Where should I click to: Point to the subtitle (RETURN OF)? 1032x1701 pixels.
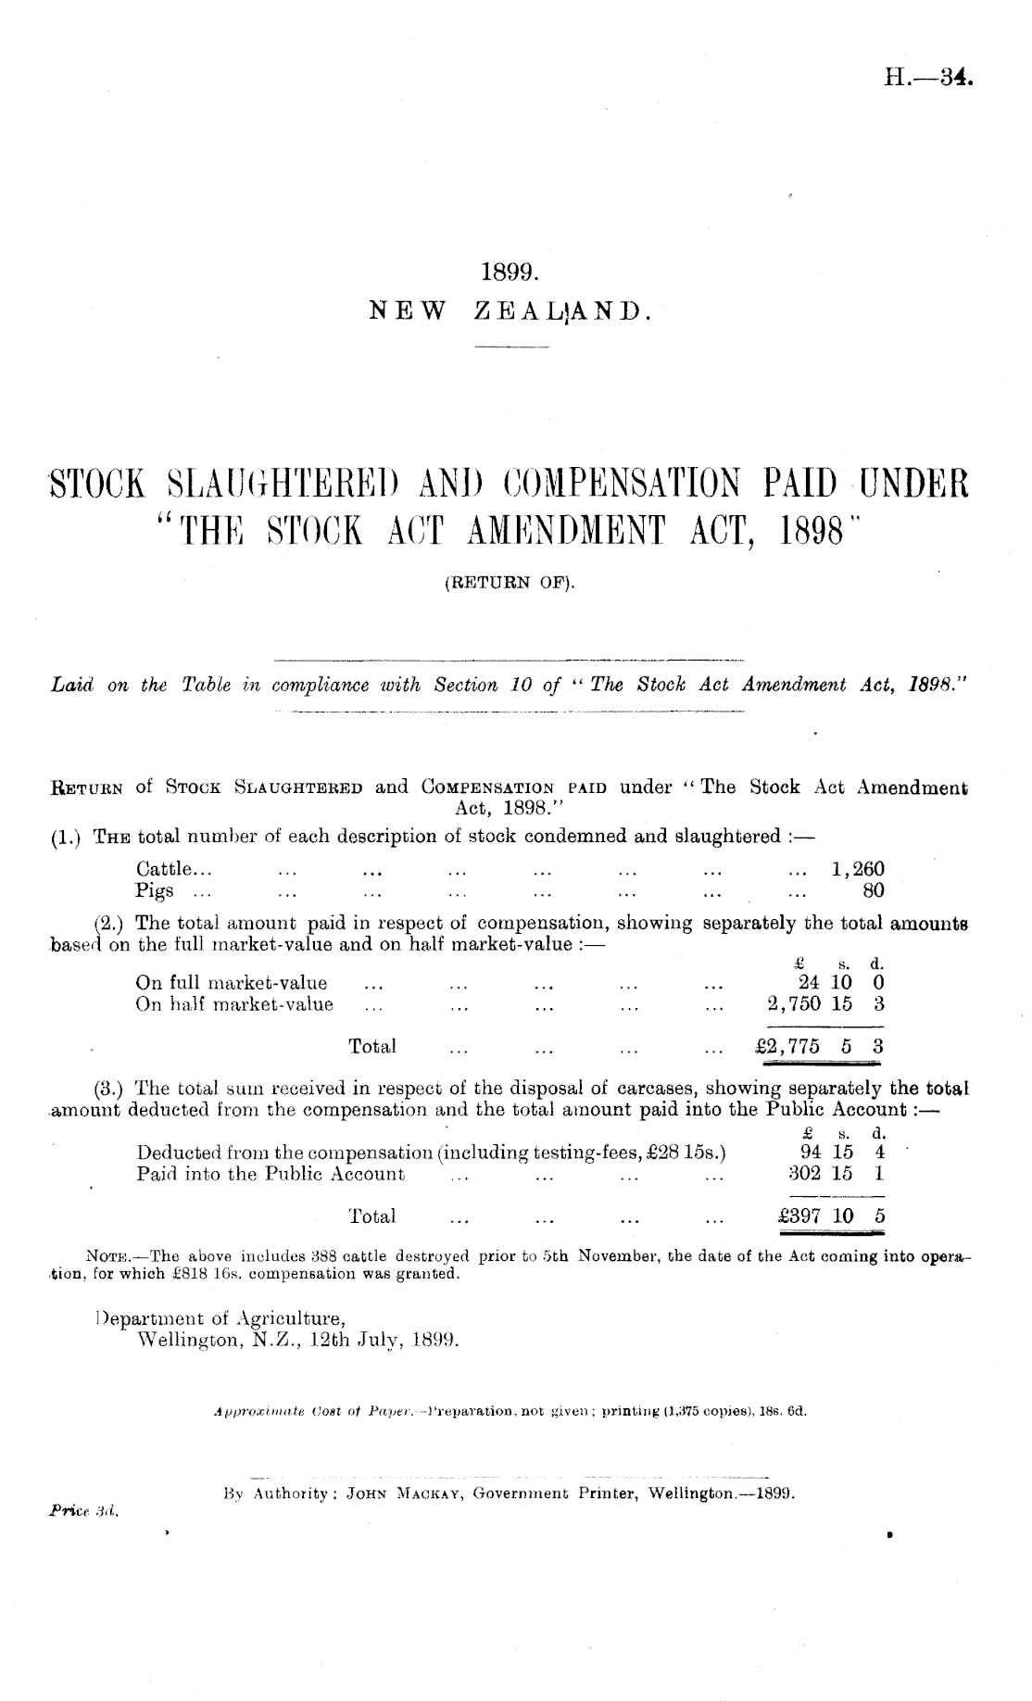tap(510, 583)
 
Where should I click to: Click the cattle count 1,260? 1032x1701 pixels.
tap(858, 869)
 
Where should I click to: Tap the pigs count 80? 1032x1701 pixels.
tap(873, 891)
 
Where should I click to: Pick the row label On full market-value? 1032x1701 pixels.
tap(231, 983)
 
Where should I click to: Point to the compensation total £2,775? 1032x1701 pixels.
tap(788, 1047)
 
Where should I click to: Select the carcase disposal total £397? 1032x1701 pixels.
tap(799, 1216)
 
